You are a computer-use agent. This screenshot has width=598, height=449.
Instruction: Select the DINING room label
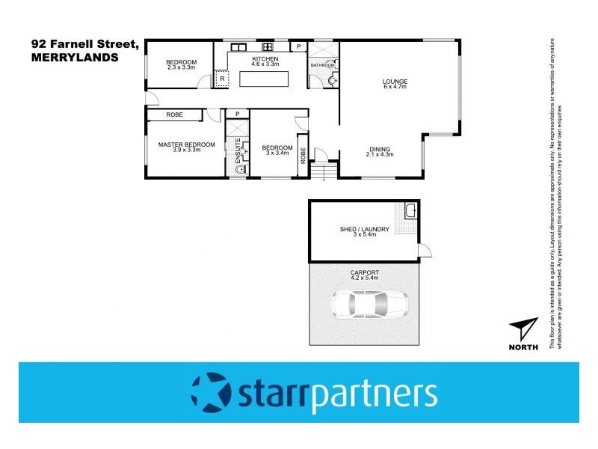(380, 148)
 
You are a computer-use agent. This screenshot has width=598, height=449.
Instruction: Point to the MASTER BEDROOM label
(186, 144)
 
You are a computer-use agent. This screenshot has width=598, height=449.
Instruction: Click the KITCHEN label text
(265, 58)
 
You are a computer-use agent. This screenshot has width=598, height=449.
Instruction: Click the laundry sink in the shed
(410, 210)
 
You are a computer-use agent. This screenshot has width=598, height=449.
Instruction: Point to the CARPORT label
(364, 272)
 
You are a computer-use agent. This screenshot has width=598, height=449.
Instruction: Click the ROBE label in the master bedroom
(175, 115)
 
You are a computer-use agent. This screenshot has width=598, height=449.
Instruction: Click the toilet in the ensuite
(238, 170)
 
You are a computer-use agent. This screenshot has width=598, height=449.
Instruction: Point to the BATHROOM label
(322, 66)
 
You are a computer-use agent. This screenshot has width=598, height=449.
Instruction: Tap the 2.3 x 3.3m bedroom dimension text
(181, 67)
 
